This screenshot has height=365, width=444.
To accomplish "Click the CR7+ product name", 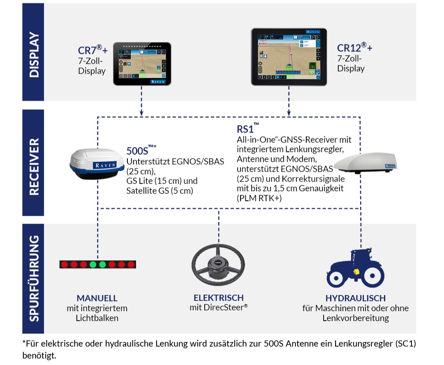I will [x=93, y=50].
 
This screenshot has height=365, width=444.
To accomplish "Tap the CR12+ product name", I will [x=355, y=48].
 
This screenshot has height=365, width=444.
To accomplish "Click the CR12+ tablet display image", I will [x=289, y=57].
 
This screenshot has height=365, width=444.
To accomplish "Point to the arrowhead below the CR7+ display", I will [x=141, y=112].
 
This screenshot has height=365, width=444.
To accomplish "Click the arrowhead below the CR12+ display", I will [x=289, y=112].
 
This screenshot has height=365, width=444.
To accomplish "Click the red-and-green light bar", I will [x=98, y=264].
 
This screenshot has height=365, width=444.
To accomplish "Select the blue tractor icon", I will [x=356, y=268].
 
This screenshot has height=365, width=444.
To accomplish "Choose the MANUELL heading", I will [x=97, y=298].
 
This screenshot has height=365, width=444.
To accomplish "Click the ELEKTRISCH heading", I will [x=219, y=297].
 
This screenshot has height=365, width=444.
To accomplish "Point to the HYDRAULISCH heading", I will [x=355, y=298].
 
